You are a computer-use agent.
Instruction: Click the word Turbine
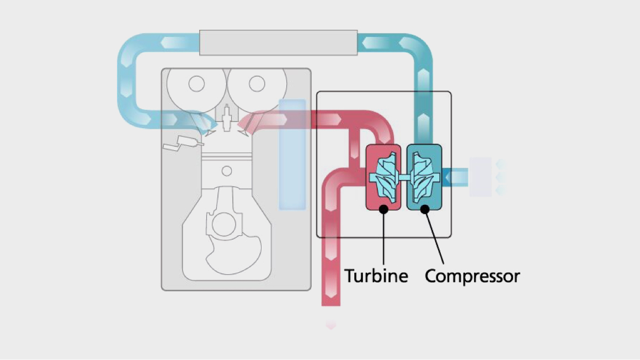point(376,275)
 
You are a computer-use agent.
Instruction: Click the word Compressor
point(472,275)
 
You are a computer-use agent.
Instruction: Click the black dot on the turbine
point(383,209)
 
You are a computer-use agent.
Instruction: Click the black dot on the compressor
point(425,209)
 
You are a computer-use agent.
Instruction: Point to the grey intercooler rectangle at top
point(278,43)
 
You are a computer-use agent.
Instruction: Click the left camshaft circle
point(196,84)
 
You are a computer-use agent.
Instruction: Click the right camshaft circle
point(257,84)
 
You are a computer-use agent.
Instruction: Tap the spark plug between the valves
point(226,115)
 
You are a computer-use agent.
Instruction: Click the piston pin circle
point(227,170)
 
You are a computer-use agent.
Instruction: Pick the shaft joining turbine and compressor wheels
point(404,177)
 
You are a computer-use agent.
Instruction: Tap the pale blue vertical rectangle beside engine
point(292,154)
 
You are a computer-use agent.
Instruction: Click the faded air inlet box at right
point(480,177)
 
